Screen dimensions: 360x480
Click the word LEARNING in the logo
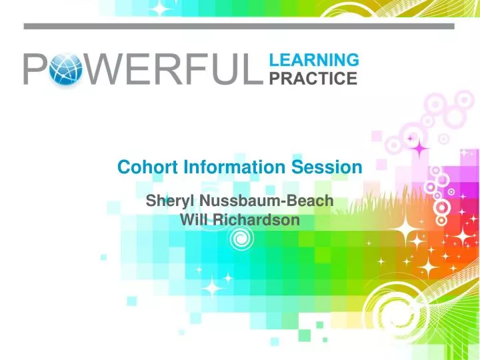[x=313, y=60]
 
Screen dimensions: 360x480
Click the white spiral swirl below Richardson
[x=241, y=239]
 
